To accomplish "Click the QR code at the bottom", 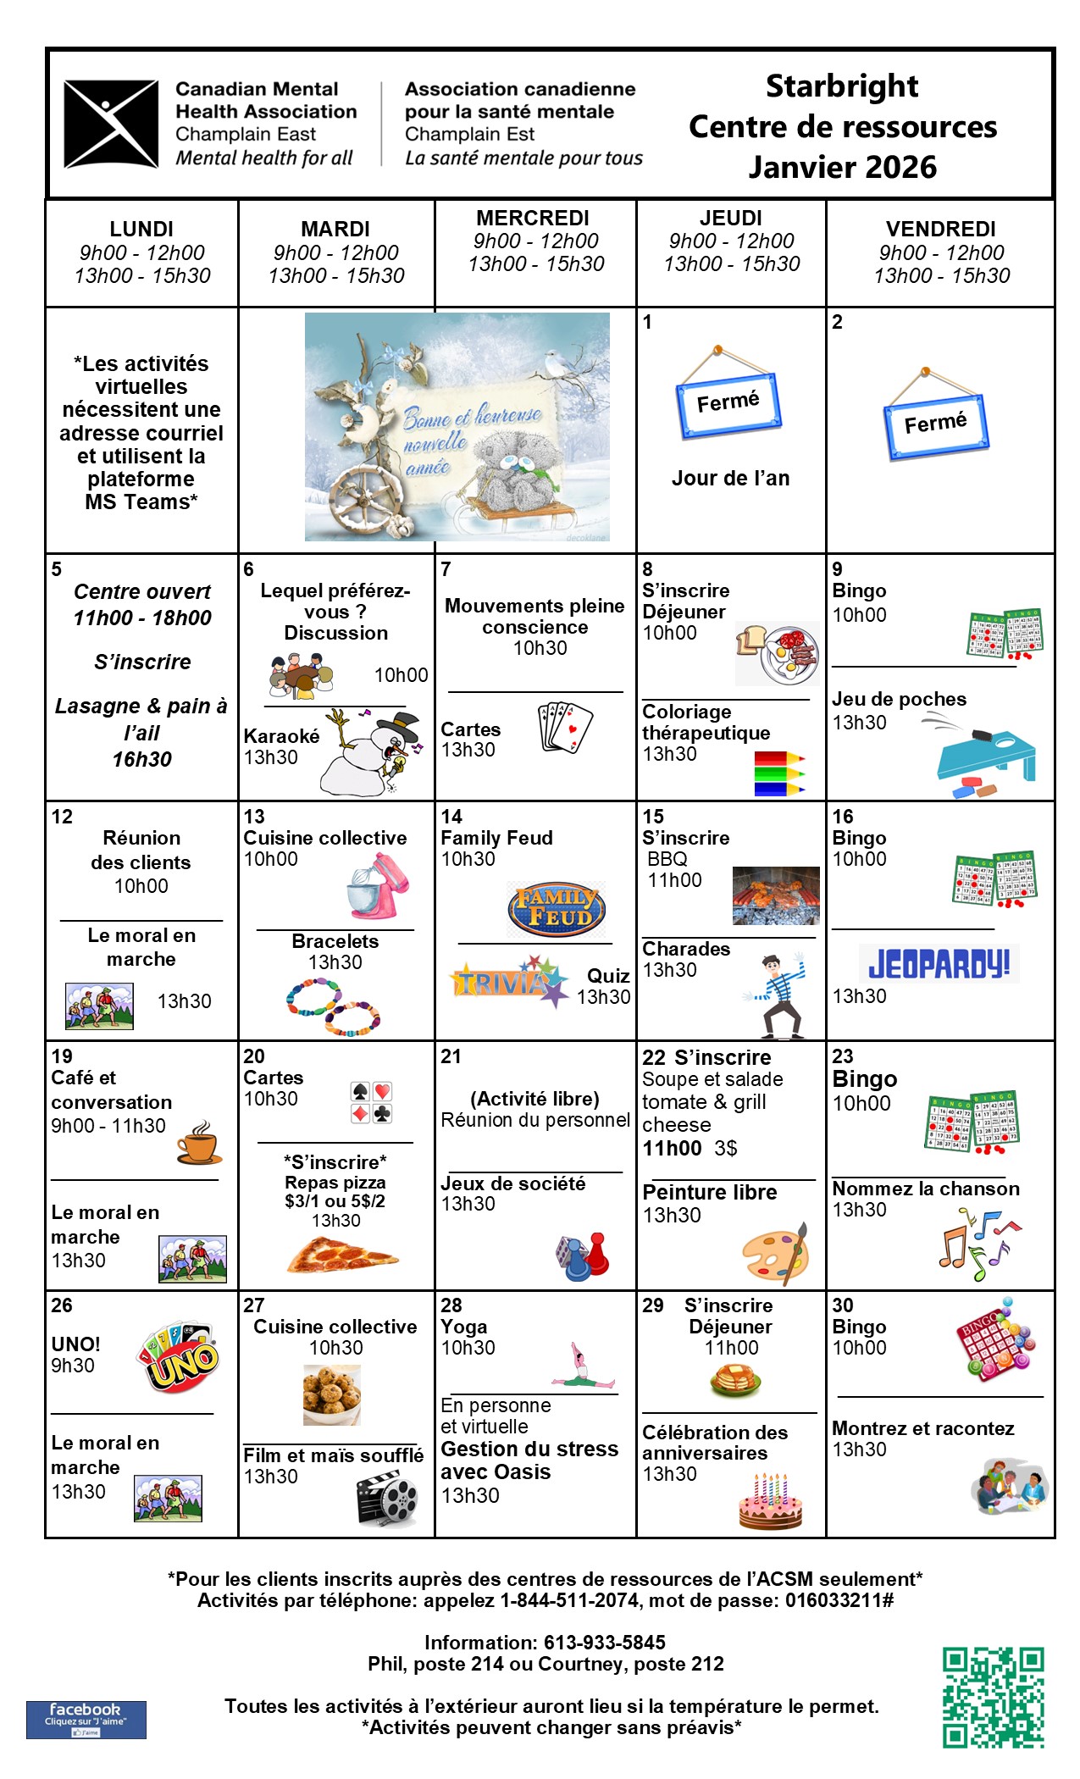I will [993, 1697].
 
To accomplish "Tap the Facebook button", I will [86, 1719].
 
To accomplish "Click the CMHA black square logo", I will [111, 125].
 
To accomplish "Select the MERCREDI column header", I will [533, 219].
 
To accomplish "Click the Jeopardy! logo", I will [939, 964].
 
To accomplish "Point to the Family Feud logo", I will [556, 909].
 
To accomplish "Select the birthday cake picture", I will [770, 1501].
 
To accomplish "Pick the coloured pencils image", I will [778, 773].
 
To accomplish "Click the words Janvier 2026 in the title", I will [842, 167].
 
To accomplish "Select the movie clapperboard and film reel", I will [387, 1499].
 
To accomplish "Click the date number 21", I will [451, 1056].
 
